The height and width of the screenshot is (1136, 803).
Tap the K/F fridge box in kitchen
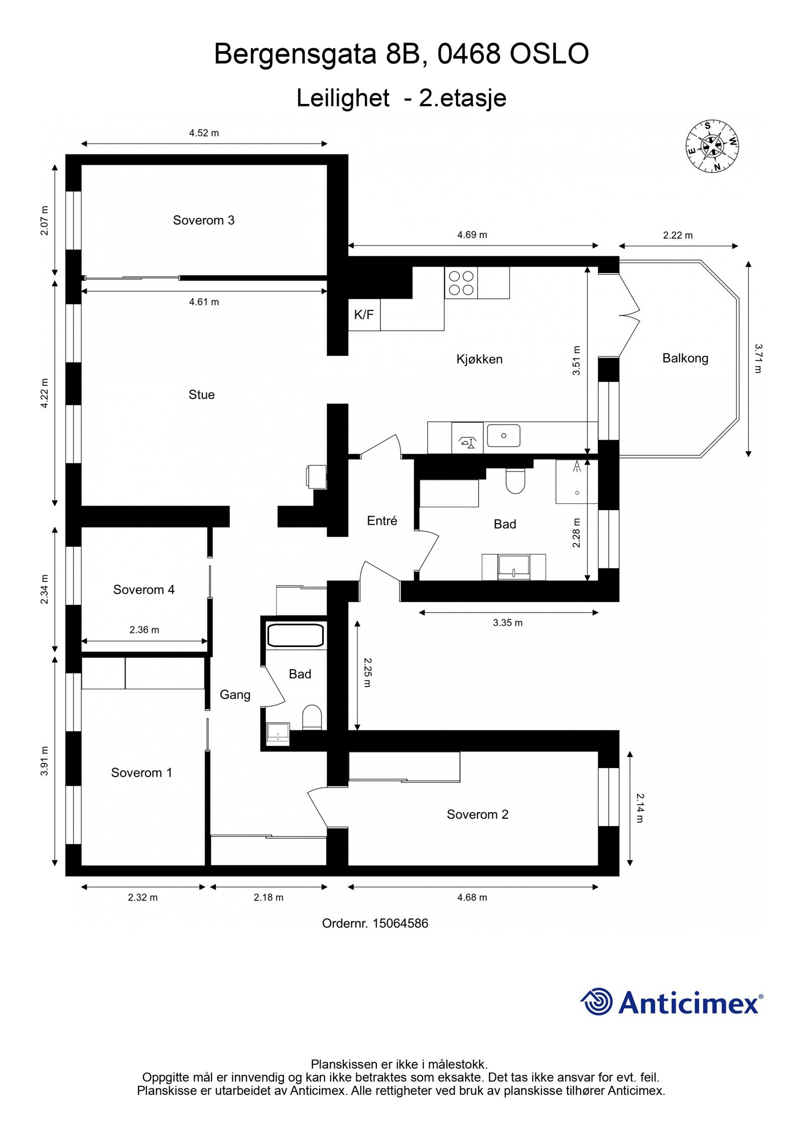(364, 315)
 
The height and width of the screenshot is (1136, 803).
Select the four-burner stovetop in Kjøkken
(461, 283)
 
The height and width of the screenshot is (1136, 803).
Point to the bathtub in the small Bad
(296, 635)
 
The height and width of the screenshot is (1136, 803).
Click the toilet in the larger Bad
(515, 480)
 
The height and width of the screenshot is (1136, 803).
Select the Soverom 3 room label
(203, 220)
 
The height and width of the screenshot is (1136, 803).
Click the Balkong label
(685, 358)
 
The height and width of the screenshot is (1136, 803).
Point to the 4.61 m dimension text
(204, 302)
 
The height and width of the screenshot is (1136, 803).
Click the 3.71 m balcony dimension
(757, 358)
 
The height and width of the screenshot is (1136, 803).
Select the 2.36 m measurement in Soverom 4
(144, 629)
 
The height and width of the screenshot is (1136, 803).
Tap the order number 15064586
(400, 923)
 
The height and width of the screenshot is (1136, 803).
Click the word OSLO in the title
(549, 54)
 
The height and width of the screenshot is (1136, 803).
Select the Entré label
(382, 521)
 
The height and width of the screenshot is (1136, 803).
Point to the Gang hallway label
(235, 694)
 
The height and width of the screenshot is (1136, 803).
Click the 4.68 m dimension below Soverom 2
(472, 897)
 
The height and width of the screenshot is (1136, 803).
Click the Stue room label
(201, 395)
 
